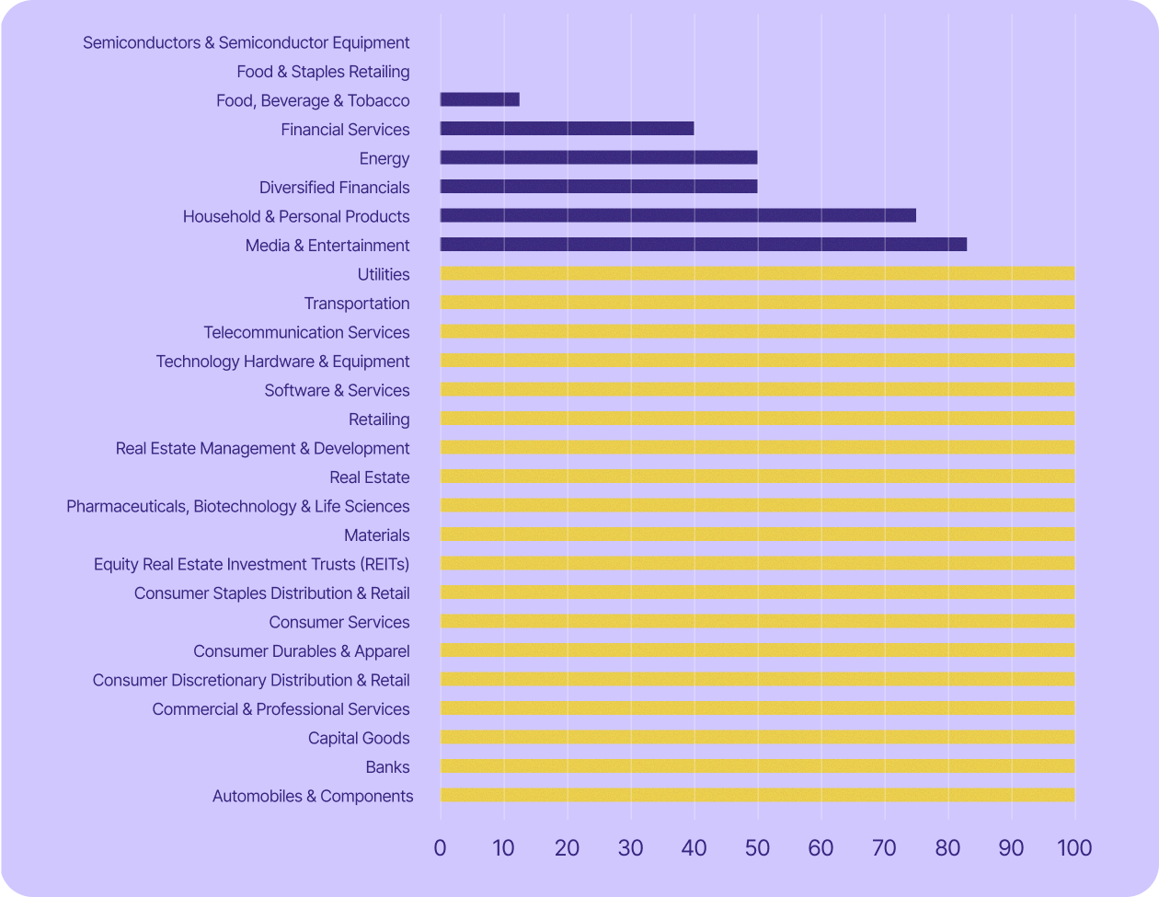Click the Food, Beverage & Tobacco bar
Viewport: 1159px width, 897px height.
click(x=479, y=99)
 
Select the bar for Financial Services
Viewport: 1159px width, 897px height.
click(x=567, y=129)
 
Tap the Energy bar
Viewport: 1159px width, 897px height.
click(x=598, y=157)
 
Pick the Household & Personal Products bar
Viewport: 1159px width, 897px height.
click(x=678, y=215)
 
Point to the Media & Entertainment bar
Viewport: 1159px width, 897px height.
click(x=703, y=245)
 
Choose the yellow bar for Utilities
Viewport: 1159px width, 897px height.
click(x=757, y=273)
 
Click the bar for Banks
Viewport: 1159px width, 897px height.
click(x=757, y=766)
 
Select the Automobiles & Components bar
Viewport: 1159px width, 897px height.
click(x=757, y=796)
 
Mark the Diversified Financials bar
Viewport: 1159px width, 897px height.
click(x=598, y=187)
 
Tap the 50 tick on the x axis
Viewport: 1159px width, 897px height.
click(x=757, y=847)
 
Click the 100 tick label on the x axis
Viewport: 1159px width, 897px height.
click(x=1074, y=847)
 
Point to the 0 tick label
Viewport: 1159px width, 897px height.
click(x=440, y=847)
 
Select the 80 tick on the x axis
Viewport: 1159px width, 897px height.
click(x=947, y=847)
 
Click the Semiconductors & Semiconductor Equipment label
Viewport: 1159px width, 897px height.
click(x=246, y=42)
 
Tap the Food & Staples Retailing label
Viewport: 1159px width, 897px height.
click(x=323, y=72)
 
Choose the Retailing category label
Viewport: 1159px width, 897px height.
click(x=379, y=420)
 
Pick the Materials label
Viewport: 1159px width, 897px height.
click(x=376, y=535)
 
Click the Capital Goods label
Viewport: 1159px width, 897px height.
click(x=359, y=738)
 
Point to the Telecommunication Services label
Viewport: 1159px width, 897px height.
click(x=306, y=332)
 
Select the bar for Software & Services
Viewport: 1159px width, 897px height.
click(x=757, y=389)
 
